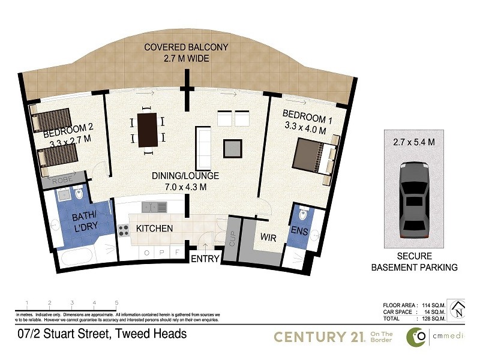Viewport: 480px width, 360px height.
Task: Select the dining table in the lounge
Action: [x=147, y=130]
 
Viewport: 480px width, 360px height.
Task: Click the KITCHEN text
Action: [x=154, y=229]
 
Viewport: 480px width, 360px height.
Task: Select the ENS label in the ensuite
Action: [x=299, y=230]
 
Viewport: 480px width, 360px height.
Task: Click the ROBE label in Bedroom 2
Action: [x=62, y=180]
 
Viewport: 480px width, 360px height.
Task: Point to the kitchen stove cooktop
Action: [x=124, y=229]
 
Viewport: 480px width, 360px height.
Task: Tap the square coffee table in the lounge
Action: [x=233, y=147]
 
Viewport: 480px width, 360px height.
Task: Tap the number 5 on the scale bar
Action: [x=116, y=303]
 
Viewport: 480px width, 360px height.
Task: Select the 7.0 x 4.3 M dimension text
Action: [x=185, y=187]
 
